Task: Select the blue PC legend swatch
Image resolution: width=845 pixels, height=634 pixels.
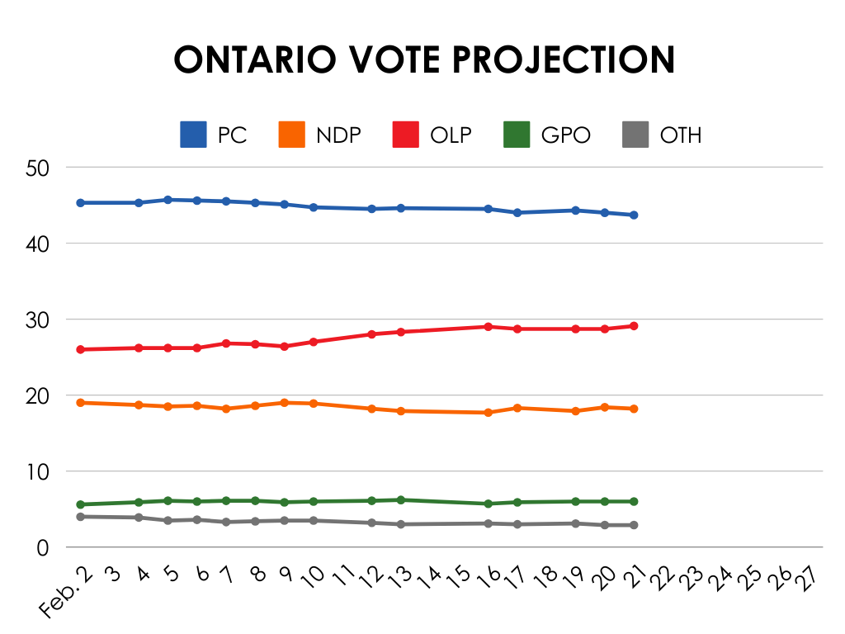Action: [193, 135]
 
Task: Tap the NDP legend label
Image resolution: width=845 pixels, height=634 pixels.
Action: [338, 135]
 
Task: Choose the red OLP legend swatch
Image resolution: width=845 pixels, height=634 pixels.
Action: [405, 135]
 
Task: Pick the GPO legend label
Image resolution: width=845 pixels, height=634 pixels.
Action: [566, 135]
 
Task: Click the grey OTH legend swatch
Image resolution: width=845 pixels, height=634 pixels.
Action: [634, 135]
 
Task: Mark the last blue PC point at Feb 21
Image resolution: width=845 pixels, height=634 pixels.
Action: [634, 215]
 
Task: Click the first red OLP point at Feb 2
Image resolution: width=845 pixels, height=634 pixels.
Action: [81, 349]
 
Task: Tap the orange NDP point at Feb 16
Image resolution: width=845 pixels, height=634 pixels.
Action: [489, 413]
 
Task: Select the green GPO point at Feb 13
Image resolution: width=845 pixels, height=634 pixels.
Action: [401, 499]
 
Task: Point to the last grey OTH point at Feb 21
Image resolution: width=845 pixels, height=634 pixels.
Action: [634, 525]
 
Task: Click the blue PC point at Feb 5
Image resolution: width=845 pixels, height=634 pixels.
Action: [168, 200]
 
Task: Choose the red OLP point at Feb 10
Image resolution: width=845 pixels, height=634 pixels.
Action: [314, 342]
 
